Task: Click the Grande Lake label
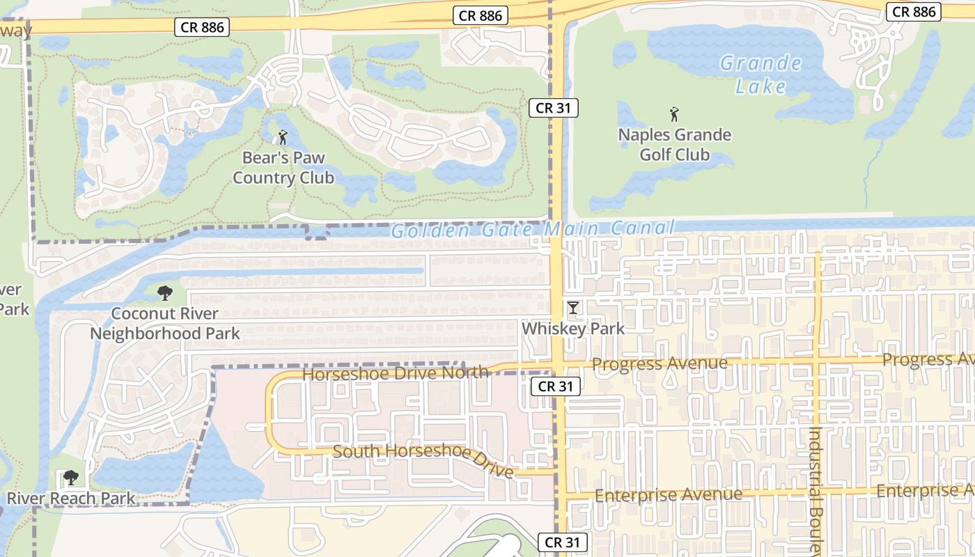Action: pos(760,74)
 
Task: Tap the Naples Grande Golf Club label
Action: pos(674,144)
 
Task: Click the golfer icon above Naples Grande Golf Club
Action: pos(673,113)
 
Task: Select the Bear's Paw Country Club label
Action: pos(283,168)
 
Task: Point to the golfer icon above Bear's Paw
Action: pos(283,137)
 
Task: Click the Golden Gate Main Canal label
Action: pos(532,229)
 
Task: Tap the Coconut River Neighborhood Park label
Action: pos(165,324)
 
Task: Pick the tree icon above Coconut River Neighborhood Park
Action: pos(165,292)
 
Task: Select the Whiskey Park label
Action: pos(573,329)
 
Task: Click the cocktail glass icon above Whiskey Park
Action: pos(573,308)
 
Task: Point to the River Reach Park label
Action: pos(71,498)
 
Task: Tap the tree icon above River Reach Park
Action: pos(70,478)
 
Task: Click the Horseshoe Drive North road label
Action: pos(395,373)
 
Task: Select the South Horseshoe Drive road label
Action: pos(423,459)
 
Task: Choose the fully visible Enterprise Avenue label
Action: pos(669,495)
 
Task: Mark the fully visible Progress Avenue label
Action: pos(659,363)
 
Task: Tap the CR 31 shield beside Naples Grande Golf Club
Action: pos(554,108)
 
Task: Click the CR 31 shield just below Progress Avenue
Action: pos(555,386)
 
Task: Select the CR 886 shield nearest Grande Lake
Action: pos(914,11)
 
